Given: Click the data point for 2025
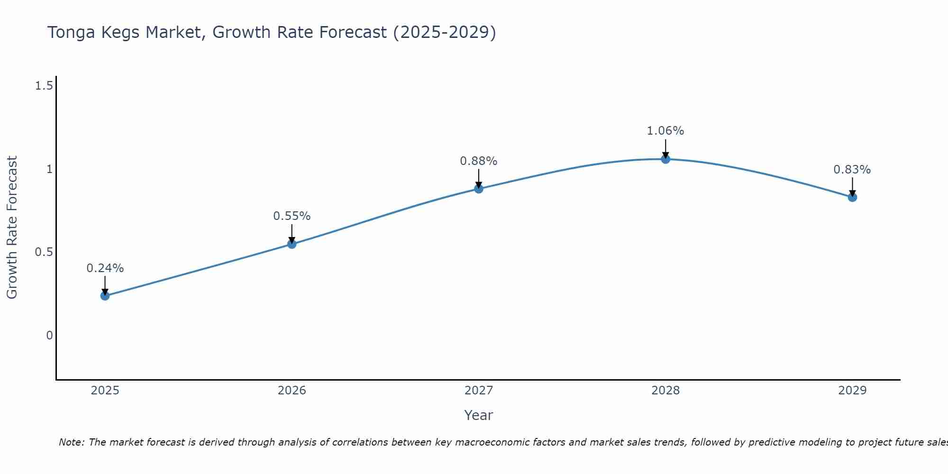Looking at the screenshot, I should pos(105,296).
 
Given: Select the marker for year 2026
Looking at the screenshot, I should pos(292,244).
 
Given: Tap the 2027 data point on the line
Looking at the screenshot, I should pos(479,189).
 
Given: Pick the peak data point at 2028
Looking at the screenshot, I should pos(665,159).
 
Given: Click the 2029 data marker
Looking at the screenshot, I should pos(852,197).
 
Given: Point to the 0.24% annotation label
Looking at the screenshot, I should pos(105,268).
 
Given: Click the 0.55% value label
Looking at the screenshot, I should pos(292,216).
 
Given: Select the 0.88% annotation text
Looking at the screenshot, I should pos(479,161).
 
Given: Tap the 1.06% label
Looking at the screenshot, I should pos(665,131).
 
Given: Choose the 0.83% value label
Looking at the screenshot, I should pos(852,170).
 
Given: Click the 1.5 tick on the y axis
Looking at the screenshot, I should pos(44,86).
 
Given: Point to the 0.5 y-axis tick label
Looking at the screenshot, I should pos(44,252).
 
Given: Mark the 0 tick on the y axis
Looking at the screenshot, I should pos(49,336).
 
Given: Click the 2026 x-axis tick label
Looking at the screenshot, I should pos(292,391).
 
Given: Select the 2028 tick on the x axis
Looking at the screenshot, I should pos(665,391).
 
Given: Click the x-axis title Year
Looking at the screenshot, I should pos(479,415).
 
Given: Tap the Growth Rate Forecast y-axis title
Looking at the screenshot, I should pos(12,228).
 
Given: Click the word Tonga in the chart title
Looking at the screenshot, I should pos(71,32).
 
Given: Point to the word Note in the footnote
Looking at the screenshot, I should pos(71,442).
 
